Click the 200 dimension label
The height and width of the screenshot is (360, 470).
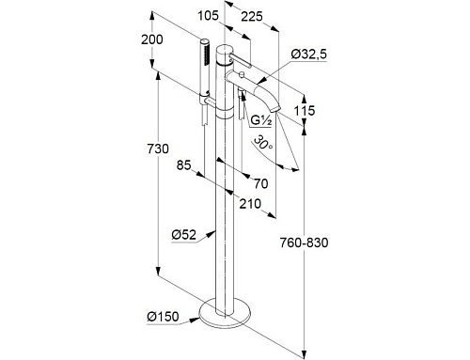click(152, 39)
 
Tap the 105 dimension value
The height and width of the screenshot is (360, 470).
click(208, 15)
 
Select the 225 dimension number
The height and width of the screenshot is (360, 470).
click(252, 16)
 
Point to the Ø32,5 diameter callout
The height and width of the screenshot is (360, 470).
click(309, 55)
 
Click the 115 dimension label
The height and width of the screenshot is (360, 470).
click(305, 110)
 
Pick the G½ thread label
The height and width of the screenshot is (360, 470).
click(260, 121)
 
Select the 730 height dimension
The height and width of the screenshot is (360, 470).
click(158, 149)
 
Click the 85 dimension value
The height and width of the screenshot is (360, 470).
click(183, 164)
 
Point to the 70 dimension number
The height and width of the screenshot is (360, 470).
click(261, 183)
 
